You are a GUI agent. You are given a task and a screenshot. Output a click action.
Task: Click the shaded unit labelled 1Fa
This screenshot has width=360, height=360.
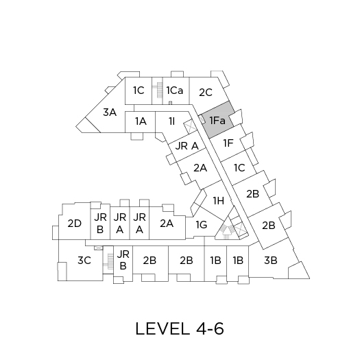[x=218, y=119]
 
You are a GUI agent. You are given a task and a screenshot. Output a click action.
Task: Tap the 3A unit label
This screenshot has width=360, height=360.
[x=110, y=112]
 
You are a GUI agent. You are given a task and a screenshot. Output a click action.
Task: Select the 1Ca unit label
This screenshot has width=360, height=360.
[x=175, y=91]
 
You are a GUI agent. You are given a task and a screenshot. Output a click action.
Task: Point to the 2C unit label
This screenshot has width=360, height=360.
[x=206, y=93]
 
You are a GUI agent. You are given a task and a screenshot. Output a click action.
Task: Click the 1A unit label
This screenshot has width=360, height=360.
[x=141, y=121]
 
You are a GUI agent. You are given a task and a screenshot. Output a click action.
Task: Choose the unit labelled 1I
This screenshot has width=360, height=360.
[x=171, y=121]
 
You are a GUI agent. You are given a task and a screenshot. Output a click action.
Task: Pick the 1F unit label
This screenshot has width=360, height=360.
[x=228, y=143]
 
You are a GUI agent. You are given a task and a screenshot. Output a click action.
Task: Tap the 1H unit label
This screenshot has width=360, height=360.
[x=219, y=201]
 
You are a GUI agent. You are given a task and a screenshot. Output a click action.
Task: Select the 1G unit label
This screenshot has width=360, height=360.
[x=202, y=224]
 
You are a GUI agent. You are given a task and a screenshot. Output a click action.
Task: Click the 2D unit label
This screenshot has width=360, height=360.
[x=75, y=224]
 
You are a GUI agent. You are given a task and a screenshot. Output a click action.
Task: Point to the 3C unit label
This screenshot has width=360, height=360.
[x=84, y=261]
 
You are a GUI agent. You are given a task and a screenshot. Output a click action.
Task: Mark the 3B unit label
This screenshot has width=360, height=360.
[x=271, y=261]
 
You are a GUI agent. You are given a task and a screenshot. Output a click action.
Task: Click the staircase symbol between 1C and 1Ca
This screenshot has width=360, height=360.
[x=158, y=91]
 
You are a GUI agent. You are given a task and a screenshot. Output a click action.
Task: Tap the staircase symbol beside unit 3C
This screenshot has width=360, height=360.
[x=108, y=261]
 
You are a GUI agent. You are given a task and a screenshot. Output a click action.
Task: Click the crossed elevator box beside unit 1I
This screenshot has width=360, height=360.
[x=191, y=126]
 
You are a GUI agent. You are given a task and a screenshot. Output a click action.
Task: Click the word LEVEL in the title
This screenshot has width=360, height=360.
[x=162, y=328]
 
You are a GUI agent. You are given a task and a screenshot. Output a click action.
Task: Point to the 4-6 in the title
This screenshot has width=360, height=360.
[x=210, y=328]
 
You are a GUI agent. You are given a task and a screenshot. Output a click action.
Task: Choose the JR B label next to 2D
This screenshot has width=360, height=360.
[x=100, y=223]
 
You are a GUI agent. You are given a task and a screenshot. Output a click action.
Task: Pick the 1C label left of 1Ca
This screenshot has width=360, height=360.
[x=139, y=91]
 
